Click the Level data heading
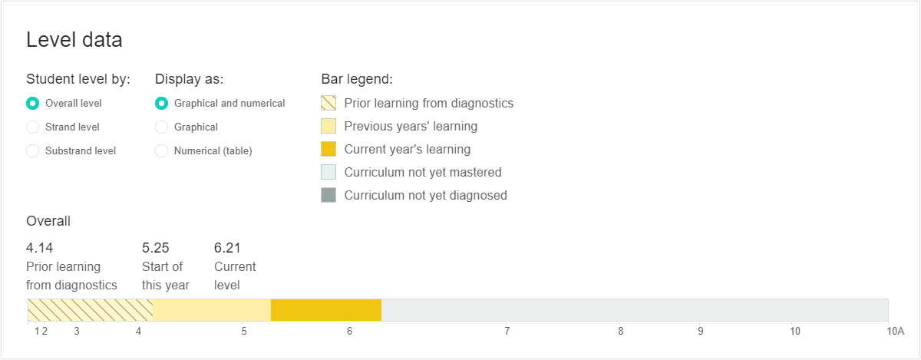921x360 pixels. coord(74,40)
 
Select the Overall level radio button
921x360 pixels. coord(32,104)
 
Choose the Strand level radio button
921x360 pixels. coord(32,127)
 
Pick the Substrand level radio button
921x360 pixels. coord(32,151)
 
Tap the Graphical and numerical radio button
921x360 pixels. coord(162,104)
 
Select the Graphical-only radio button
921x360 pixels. coord(162,127)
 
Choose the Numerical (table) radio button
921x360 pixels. coord(162,151)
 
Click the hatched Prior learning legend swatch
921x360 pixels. coord(328,103)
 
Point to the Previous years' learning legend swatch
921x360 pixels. coord(328,126)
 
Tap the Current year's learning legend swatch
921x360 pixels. coord(328,149)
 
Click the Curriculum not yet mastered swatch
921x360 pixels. coord(328,172)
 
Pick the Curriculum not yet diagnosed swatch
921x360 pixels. coord(328,195)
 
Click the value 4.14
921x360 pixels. coord(39,248)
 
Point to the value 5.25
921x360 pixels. coord(155,248)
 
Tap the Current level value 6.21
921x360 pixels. coord(227,248)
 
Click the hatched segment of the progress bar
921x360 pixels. coord(91,310)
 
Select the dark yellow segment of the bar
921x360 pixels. coord(326,310)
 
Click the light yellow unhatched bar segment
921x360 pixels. coord(212,310)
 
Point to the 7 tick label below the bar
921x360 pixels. coord(507,331)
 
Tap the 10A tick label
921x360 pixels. coord(896,331)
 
